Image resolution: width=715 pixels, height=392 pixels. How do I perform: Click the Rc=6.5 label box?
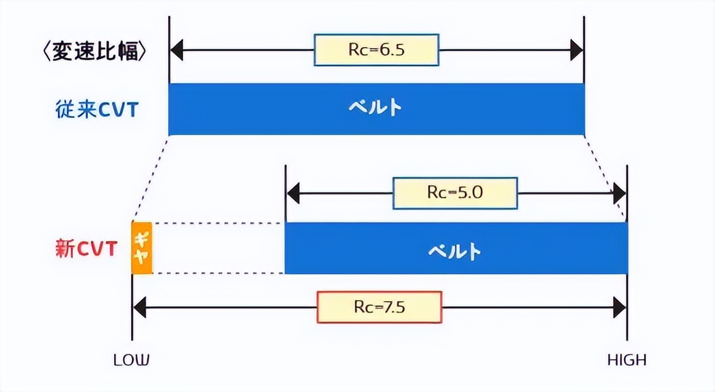[x=376, y=50]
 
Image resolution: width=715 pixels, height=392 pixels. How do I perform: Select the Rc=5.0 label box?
[x=455, y=193]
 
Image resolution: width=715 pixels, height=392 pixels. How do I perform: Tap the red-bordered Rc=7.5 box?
[x=379, y=307]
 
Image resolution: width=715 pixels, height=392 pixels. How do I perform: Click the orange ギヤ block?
[x=142, y=248]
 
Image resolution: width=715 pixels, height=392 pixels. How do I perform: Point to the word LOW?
[x=132, y=360]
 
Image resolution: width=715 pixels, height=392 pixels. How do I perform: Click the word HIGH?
[x=627, y=360]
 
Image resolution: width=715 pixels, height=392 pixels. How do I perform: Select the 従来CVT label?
[x=96, y=110]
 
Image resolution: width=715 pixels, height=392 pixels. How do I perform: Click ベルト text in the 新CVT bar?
[x=454, y=250]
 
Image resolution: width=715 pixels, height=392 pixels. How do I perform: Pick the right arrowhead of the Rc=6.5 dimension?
[x=577, y=50]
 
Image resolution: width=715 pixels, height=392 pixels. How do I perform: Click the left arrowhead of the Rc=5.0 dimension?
[x=293, y=194]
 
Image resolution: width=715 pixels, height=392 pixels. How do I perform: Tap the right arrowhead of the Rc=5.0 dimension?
[x=619, y=194]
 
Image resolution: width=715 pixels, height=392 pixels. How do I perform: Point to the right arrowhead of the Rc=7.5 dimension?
[x=619, y=307]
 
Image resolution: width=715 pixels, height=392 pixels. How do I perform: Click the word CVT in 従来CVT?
[x=118, y=110]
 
